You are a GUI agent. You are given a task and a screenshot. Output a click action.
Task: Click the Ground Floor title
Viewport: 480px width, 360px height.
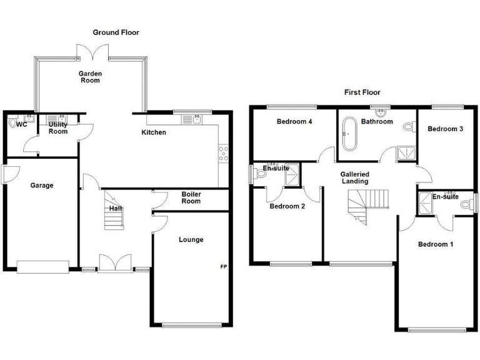[x=116, y=32]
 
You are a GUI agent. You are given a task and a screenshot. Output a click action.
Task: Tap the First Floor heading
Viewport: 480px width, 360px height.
[x=362, y=92]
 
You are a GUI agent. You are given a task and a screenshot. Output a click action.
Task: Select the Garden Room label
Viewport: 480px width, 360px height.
[x=90, y=77]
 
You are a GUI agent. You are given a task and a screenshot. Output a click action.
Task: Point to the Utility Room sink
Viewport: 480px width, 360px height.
[x=61, y=117]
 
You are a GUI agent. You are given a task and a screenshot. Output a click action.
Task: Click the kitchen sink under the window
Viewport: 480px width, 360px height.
[x=196, y=118]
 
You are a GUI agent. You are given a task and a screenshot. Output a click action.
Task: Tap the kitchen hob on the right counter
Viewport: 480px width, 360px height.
[x=222, y=154]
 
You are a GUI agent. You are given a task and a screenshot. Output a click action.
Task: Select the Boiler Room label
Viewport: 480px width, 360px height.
[x=191, y=197]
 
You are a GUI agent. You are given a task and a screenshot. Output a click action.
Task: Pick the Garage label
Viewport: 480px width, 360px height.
[x=42, y=186]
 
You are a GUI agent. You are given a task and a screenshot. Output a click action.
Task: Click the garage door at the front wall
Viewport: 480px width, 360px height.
[x=42, y=267]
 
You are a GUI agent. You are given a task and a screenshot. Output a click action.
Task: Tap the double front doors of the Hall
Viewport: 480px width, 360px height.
[x=116, y=263]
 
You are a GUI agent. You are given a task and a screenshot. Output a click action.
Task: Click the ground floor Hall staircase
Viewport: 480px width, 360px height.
[x=114, y=218]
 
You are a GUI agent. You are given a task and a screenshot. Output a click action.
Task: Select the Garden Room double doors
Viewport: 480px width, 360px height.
[x=92, y=52]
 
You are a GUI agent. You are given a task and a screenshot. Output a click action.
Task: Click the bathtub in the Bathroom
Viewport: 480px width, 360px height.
[x=348, y=134]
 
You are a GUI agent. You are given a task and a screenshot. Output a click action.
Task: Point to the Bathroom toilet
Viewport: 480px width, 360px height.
[x=409, y=127]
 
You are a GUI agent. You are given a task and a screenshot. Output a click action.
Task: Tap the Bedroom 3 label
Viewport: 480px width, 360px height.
[x=445, y=129]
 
